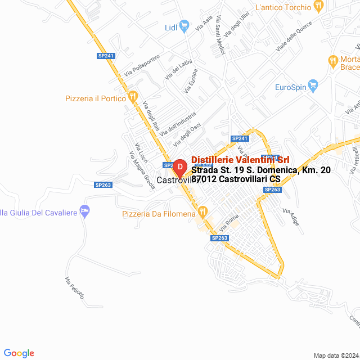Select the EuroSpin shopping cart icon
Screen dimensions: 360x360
(313, 87)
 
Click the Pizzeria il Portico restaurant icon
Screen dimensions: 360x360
(133, 97)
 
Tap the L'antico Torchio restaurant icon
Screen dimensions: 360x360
(319, 7)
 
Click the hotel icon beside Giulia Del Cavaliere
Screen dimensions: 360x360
(85, 211)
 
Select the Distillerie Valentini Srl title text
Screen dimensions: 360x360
(240, 160)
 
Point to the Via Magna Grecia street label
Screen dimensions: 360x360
(142, 170)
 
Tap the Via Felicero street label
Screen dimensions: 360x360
(74, 287)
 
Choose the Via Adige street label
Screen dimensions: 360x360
(291, 218)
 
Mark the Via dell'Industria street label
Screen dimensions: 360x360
(178, 123)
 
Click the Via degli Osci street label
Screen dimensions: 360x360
(187, 136)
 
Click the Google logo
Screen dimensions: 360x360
(19, 353)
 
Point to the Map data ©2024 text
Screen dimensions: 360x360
(335, 355)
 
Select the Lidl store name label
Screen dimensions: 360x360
(171, 28)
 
